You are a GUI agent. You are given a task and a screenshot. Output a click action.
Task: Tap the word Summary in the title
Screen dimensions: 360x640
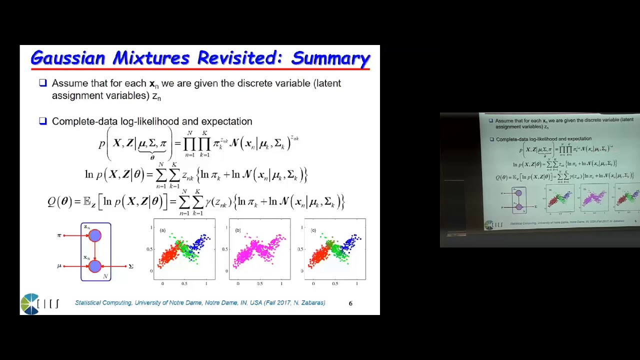tap(330, 58)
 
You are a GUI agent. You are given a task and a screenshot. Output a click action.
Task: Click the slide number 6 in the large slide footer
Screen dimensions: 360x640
tap(350, 303)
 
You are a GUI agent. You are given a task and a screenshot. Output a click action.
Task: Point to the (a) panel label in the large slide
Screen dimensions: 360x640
tap(162, 230)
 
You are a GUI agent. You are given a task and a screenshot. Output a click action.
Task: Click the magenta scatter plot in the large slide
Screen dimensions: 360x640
tap(259, 249)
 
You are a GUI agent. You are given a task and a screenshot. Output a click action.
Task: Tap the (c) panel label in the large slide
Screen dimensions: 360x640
tap(313, 230)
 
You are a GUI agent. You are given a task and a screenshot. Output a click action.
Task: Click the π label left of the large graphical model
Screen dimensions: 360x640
tap(59, 235)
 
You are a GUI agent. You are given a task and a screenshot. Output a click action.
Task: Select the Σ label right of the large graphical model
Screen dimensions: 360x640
tap(131, 266)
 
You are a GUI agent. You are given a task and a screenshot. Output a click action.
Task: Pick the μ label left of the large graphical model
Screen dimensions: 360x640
tap(59, 266)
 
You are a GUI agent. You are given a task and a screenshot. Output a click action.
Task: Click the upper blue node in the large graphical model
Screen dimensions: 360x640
tap(95, 235)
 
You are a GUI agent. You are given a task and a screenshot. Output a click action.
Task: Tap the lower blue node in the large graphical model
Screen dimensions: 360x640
tap(95, 266)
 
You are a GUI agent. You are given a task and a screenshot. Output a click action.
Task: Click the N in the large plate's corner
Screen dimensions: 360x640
tap(105, 276)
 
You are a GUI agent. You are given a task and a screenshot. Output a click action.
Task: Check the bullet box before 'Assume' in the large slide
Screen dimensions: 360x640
tap(43, 83)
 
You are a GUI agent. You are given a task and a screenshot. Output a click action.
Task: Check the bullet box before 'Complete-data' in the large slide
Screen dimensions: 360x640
tap(43, 121)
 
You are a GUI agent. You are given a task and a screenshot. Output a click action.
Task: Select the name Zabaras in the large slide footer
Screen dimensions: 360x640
tap(312, 302)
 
